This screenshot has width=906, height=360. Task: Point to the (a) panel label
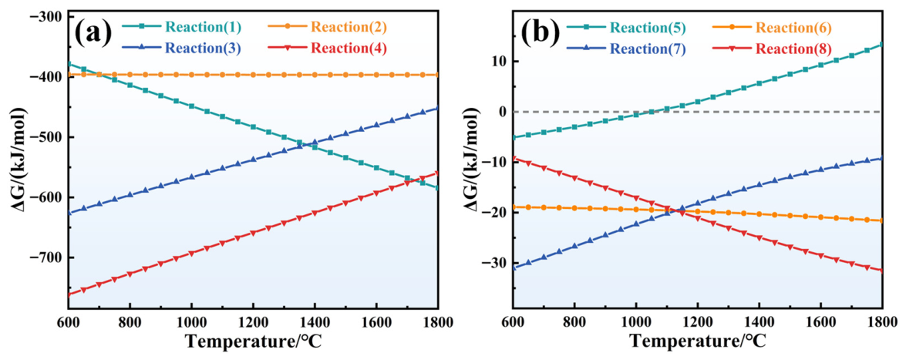[x=93, y=35]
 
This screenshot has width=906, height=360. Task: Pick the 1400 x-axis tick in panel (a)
[x=315, y=321]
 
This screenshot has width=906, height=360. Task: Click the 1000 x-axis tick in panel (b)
[x=635, y=321]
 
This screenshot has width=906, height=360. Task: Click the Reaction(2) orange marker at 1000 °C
[x=191, y=75]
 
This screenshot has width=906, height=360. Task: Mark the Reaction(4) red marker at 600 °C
[x=68, y=294]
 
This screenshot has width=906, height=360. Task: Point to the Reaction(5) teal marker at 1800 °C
[x=882, y=44]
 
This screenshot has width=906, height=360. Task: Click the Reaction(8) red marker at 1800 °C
[x=882, y=271]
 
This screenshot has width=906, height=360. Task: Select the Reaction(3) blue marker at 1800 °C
[x=438, y=108]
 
